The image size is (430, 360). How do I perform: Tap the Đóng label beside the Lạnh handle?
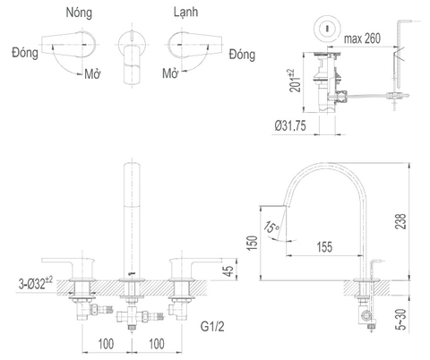point(242,55)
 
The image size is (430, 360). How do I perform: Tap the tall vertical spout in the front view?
point(132,215)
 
